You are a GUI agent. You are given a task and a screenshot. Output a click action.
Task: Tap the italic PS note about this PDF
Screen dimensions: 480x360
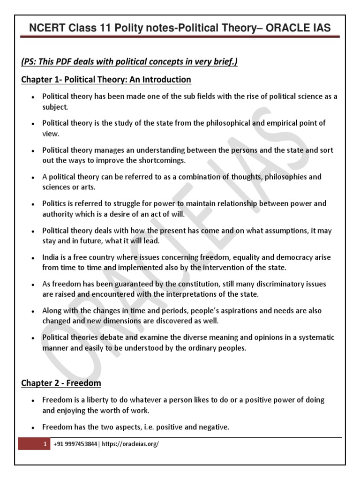(x=129, y=62)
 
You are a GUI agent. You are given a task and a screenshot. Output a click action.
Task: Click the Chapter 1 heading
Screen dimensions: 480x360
(x=106, y=79)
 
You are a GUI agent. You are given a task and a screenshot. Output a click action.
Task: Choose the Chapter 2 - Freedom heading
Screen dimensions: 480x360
(x=61, y=383)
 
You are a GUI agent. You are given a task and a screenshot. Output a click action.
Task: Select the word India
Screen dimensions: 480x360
(x=50, y=258)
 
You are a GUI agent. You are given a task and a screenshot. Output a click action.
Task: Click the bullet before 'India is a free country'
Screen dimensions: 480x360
(x=32, y=258)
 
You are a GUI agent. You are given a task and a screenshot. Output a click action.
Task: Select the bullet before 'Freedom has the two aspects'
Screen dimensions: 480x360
(x=32, y=427)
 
